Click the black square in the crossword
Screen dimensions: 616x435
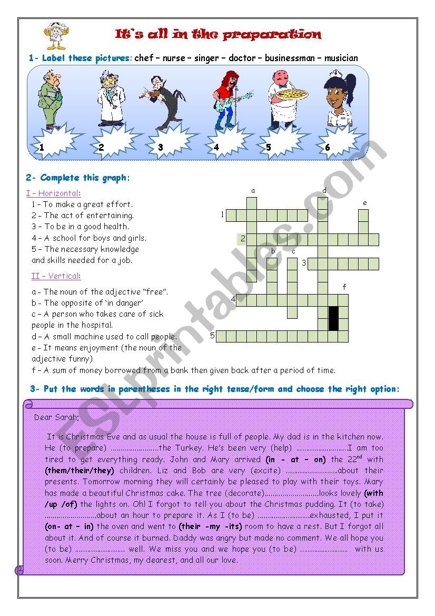(x=333, y=318)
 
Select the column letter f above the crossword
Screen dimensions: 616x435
(x=344, y=287)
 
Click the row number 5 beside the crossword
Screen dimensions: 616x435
(x=213, y=336)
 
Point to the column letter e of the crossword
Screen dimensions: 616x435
(x=364, y=202)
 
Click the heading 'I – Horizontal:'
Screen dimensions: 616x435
(x=54, y=193)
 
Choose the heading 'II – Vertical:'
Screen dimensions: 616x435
(x=56, y=276)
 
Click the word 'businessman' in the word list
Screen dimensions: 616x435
(x=289, y=58)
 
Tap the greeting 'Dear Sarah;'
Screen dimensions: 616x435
(x=56, y=417)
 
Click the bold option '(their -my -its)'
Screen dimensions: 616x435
(x=210, y=526)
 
